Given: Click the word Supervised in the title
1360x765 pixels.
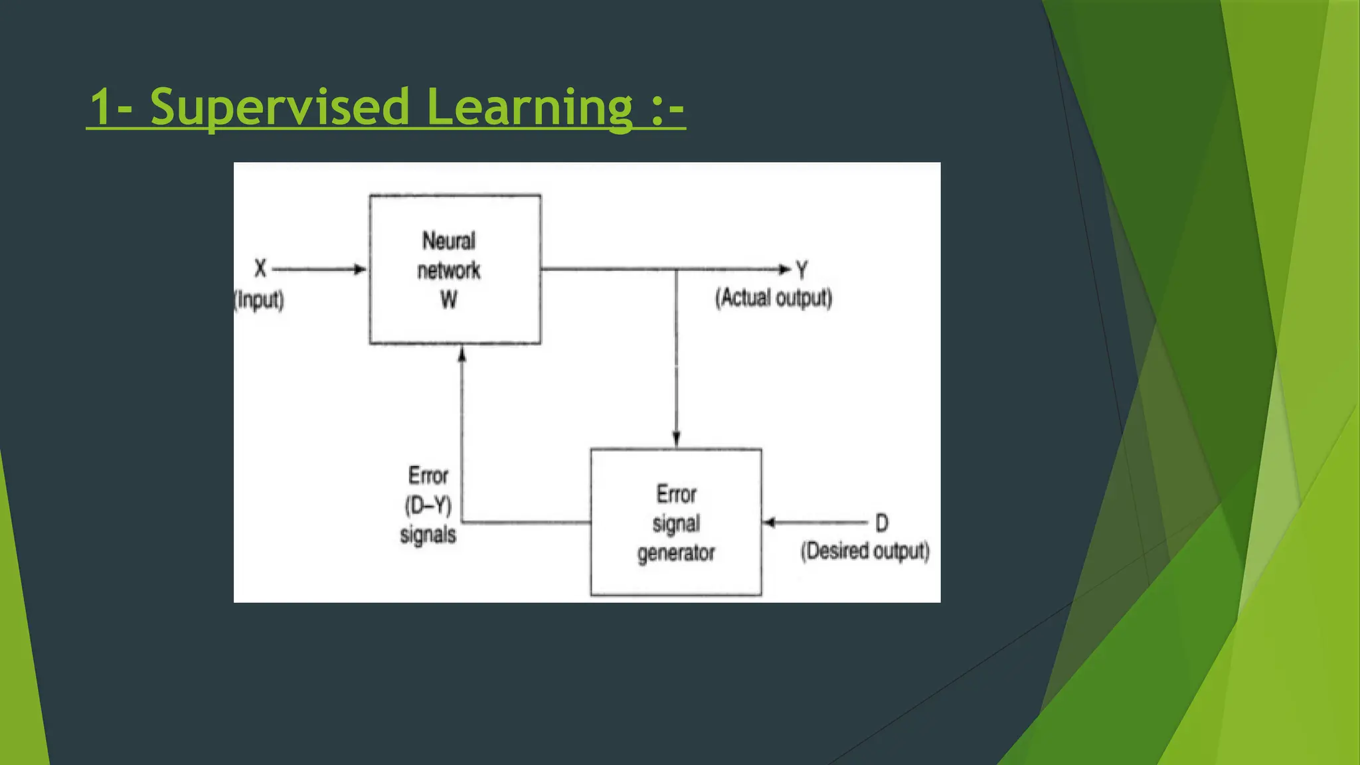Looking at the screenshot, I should (x=280, y=107).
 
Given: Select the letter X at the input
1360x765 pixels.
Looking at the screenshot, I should (x=260, y=269).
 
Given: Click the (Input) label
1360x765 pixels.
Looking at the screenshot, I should (x=260, y=300).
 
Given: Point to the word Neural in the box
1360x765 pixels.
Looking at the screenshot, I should (x=449, y=241).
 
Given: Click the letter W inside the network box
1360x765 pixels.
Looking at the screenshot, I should (x=449, y=300).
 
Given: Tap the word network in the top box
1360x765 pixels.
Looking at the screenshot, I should (x=449, y=270).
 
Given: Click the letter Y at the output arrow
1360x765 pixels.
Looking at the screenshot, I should (x=802, y=270).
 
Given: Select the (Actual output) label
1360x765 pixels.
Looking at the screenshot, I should (x=774, y=298).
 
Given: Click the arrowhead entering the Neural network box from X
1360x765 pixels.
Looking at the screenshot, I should (x=360, y=270).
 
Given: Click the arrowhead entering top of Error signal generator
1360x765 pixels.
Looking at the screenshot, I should (x=676, y=439).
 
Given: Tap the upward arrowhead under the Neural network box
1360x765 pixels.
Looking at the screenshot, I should (x=462, y=355).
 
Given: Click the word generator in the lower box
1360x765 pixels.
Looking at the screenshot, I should (x=676, y=552).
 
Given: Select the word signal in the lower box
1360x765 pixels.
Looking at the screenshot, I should (x=676, y=523).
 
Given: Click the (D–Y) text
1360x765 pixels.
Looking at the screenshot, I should (x=428, y=506).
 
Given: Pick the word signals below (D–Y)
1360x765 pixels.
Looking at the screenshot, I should (x=428, y=535).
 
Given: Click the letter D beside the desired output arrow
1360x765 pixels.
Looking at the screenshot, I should (x=881, y=523).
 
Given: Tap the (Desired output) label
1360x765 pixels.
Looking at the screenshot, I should (x=865, y=551).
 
